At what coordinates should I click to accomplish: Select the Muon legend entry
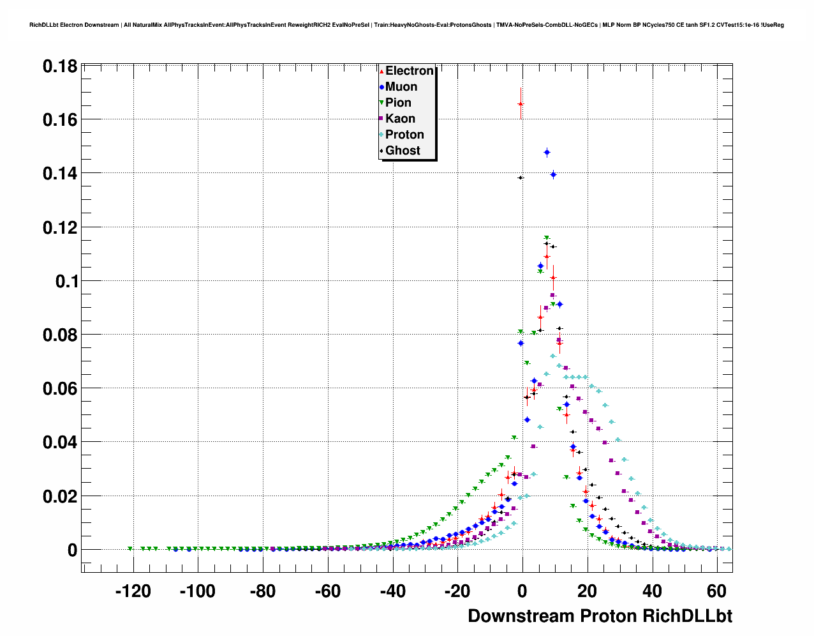pyautogui.click(x=401, y=87)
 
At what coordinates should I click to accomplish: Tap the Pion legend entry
pyautogui.click(x=398, y=103)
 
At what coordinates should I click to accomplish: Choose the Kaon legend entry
pyautogui.click(x=400, y=119)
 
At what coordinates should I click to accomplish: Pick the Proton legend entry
pyautogui.click(x=404, y=135)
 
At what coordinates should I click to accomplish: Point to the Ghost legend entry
pyautogui.click(x=403, y=151)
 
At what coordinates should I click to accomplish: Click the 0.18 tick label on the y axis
pyautogui.click(x=60, y=66)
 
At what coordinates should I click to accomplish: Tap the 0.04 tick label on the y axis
pyautogui.click(x=60, y=442)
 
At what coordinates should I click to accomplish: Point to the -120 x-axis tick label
pyautogui.click(x=133, y=592)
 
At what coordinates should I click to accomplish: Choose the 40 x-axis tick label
pyautogui.click(x=652, y=592)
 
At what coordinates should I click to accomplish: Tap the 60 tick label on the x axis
pyautogui.click(x=717, y=592)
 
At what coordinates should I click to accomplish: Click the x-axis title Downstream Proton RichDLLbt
pyautogui.click(x=600, y=616)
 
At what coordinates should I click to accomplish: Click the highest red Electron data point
pyautogui.click(x=521, y=104)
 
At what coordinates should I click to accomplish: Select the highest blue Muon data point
pyautogui.click(x=547, y=152)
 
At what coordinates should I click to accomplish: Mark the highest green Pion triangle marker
pyautogui.click(x=547, y=238)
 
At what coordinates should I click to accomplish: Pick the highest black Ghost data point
pyautogui.click(x=521, y=178)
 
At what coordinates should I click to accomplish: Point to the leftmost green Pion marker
pyautogui.click(x=130, y=549)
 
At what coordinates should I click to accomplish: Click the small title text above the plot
pyautogui.click(x=406, y=25)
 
